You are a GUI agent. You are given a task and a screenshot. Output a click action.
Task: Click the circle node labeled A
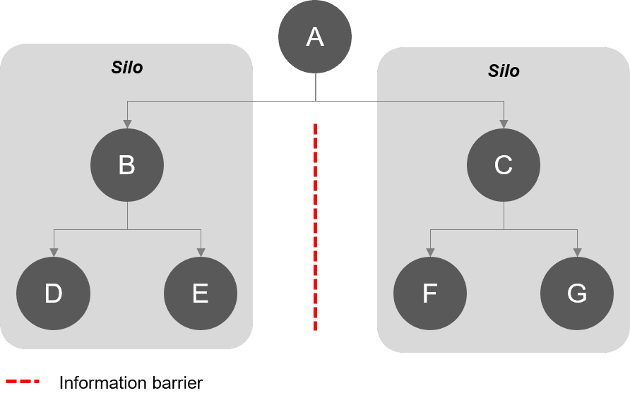315,37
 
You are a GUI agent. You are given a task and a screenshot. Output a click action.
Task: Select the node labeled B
127,165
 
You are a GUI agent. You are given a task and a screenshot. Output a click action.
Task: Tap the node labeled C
504,165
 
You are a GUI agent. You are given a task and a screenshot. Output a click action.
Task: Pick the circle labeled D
54,293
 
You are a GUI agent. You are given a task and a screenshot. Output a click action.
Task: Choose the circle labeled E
201,293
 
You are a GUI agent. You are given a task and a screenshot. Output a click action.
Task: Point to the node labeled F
430,293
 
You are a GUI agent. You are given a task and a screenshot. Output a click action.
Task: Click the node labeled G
577,293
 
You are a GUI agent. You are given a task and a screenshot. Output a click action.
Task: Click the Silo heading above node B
127,68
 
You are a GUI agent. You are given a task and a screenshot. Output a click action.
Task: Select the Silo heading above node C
504,71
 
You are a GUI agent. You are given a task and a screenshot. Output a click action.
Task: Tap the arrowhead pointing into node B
127,124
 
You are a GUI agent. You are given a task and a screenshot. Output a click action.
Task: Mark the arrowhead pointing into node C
504,124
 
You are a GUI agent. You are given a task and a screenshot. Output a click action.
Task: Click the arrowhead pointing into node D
54,253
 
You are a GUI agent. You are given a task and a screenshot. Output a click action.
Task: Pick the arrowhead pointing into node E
201,253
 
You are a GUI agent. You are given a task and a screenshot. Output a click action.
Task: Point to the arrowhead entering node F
430,253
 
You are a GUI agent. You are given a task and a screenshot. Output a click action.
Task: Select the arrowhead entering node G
577,253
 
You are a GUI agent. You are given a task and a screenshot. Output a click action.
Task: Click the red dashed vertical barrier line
315,226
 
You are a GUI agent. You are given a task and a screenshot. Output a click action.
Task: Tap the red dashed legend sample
23,382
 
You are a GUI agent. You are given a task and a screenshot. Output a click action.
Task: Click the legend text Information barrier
131,383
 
